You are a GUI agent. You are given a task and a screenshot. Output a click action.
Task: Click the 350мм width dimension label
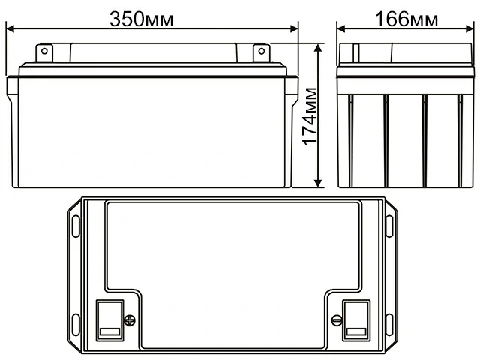pos(142,19)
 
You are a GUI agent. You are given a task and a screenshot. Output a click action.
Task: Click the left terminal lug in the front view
pos(44,52)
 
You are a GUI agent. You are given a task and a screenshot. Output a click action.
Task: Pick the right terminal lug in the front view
pos(260,52)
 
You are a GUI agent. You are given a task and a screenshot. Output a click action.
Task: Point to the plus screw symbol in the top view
pos(129,320)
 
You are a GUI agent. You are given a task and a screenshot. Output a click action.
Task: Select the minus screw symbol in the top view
pos(335,320)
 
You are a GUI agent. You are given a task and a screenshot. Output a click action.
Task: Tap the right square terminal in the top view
pos(356,318)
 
